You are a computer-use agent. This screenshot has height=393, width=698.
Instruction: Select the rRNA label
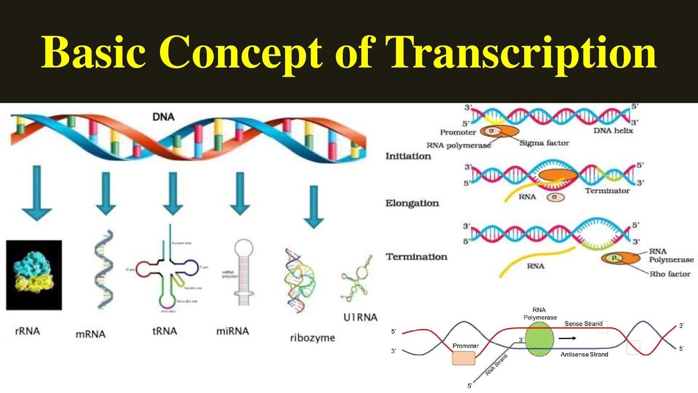(x=27, y=331)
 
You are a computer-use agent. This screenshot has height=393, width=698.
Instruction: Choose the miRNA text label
(x=233, y=331)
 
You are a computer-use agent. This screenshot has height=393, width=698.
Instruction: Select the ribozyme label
(x=312, y=338)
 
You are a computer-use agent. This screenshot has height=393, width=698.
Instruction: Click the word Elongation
(x=412, y=203)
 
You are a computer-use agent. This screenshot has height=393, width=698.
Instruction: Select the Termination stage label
(x=417, y=257)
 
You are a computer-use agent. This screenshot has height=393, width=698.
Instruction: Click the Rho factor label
(x=670, y=274)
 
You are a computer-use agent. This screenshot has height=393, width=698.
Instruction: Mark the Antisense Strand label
(x=584, y=354)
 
